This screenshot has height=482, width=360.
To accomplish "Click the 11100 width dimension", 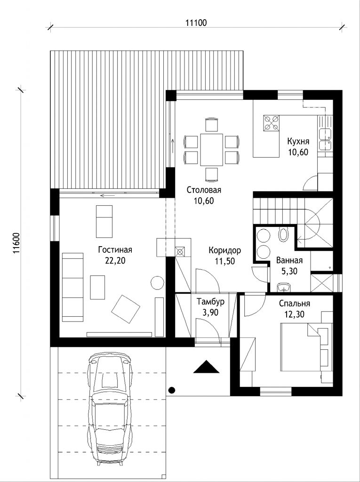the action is coord(196,23).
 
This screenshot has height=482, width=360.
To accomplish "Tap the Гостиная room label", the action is coord(115,250).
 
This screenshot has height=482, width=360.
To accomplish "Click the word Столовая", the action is coord(204,190).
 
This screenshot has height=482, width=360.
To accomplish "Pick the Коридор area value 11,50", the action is coord(224,261).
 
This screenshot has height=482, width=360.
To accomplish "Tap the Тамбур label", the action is coord(211,302).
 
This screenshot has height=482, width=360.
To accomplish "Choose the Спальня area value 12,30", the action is coord(294,314).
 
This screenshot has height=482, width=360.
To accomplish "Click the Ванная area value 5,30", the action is coord(289,271).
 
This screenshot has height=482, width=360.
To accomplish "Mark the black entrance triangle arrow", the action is coord(206,366).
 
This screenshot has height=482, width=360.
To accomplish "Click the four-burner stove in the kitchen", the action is coord(271,123).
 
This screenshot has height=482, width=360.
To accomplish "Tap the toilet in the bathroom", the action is coord(283,233).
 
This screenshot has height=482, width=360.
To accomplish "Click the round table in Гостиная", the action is coord(157,282).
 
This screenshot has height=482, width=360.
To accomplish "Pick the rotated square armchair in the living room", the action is coord(126,309).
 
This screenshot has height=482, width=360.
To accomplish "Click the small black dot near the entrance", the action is coord(172,390).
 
